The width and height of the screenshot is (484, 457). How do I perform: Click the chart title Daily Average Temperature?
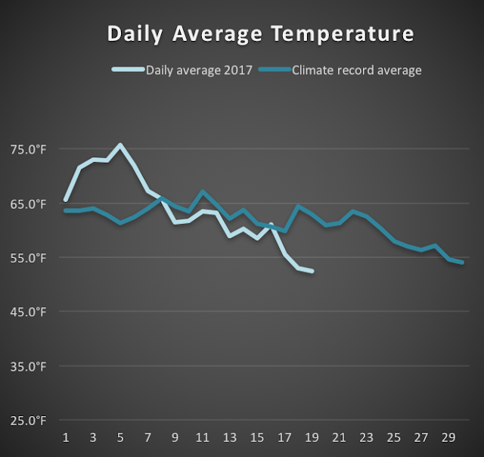261,34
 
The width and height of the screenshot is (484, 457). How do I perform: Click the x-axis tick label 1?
66,437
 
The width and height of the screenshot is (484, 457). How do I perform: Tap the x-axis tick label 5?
120,437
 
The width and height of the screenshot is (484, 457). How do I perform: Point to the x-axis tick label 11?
202,437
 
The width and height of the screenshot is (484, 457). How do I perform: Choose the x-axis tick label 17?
284,437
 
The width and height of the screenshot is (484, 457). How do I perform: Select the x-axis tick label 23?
366,437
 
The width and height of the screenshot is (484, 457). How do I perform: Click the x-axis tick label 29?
448,437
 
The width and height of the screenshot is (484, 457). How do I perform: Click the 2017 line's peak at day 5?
120,145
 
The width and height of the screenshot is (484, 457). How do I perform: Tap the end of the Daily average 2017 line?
312,271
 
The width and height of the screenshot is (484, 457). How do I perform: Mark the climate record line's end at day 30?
461,263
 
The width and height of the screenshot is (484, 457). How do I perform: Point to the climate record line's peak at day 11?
202,192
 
